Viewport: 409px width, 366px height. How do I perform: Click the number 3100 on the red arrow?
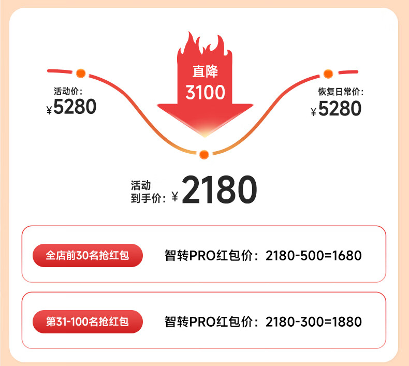click(x=205, y=93)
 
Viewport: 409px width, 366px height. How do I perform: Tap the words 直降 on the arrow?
click(x=205, y=71)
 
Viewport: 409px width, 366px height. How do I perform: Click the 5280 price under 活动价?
click(x=75, y=107)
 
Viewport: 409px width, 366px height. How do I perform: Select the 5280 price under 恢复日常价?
click(x=340, y=109)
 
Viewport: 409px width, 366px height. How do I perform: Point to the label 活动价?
click(x=68, y=91)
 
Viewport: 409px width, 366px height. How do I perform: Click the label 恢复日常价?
click(x=341, y=92)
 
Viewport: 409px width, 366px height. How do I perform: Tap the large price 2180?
click(x=220, y=190)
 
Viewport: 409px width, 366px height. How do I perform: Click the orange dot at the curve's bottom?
click(x=204, y=154)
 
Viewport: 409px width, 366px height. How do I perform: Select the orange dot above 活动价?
click(x=80, y=73)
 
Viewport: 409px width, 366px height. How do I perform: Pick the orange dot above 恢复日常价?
click(x=328, y=74)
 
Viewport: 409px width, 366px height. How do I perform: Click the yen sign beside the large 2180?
click(x=174, y=197)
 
